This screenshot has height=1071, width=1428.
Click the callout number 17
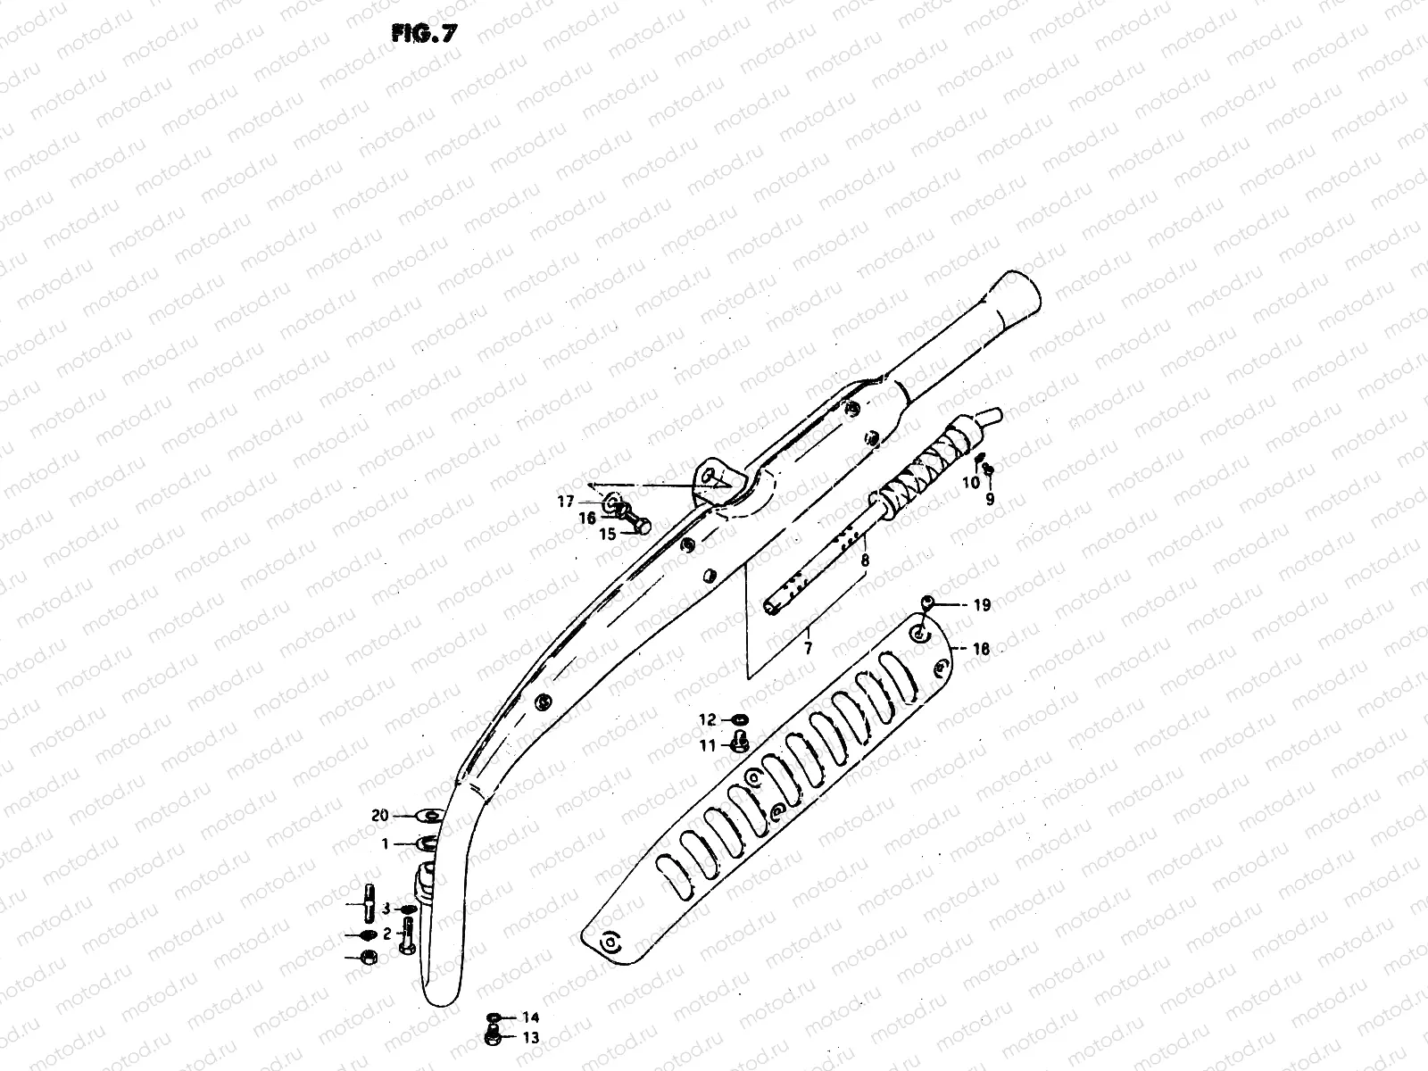566,502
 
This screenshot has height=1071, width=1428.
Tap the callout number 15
608,535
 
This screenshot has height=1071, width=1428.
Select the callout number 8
865,561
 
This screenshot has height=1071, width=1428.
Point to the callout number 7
808,649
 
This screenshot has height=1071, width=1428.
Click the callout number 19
981,605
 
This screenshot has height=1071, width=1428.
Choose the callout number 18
980,649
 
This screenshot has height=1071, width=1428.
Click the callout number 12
707,719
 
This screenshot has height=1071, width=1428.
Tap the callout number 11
707,745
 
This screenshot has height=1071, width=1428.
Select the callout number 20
380,815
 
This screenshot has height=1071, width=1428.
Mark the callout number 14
531,1017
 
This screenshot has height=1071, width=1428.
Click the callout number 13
531,1037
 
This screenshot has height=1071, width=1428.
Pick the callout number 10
971,482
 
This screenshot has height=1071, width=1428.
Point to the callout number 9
990,500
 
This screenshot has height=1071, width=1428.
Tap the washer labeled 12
739,719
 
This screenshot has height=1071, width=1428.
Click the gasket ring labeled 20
428,814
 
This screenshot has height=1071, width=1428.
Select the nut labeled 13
492,1036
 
